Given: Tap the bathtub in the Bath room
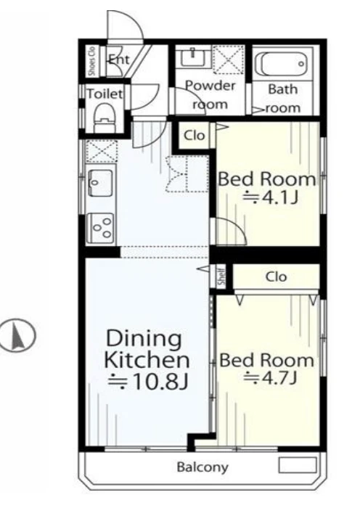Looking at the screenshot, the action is pos(281,64).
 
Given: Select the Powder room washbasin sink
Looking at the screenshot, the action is pos(194,57).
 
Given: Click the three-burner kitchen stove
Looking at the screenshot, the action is pos(100,228).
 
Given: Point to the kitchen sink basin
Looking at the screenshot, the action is pos(100,182).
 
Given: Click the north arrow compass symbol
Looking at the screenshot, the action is pos(18,335).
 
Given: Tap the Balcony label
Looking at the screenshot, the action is pos(202,467).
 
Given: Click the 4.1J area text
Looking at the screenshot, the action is pos(271,197).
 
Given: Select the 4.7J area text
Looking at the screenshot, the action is pos(271,377).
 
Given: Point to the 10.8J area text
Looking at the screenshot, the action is pos(148,382).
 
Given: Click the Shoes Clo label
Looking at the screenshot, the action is pos(92,61).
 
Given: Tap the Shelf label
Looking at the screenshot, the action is pos(221,276).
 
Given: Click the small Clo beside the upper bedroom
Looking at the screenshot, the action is pos(194,136).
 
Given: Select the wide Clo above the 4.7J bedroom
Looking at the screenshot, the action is pos(276,276).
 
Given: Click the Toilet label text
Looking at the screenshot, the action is pos(105,94).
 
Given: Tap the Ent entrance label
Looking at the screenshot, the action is pos(118,60).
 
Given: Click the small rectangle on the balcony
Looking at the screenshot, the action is pos(298,465).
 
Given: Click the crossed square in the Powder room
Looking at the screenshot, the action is pos(229,60).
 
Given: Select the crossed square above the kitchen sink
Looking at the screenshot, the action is pos(102,151).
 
